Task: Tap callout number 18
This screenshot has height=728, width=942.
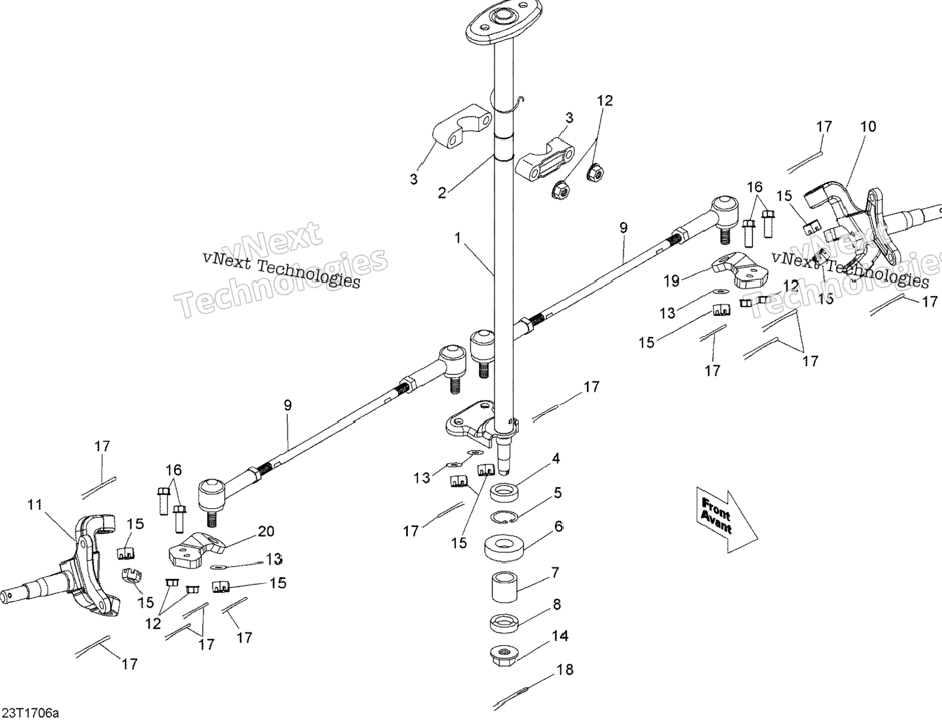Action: point(566,670)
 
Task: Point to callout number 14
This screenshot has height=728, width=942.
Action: point(560,636)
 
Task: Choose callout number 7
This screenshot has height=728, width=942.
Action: point(555,573)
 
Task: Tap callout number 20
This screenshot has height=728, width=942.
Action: point(266,531)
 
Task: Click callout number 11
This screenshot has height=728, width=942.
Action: point(35,505)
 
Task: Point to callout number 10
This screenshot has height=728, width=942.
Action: point(868,127)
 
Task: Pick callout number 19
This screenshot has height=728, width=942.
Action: point(672,281)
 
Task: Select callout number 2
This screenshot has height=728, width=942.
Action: point(442,192)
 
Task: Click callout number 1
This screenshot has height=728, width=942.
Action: point(458,238)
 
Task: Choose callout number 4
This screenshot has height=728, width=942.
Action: point(556,458)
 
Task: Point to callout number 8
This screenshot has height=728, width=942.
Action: point(557,605)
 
